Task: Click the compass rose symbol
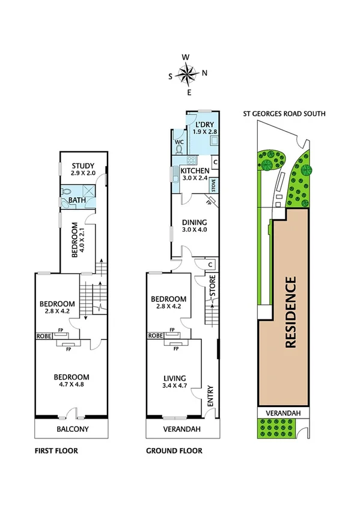pyautogui.click(x=188, y=75)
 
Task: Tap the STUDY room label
pyautogui.click(x=83, y=166)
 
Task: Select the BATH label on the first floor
pyautogui.click(x=76, y=200)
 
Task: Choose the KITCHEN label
pyautogui.click(x=195, y=171)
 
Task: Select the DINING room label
pyautogui.click(x=194, y=222)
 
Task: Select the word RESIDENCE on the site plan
pyautogui.click(x=290, y=312)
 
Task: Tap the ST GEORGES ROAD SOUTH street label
pyautogui.click(x=284, y=112)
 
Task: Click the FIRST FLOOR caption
pyautogui.click(x=56, y=450)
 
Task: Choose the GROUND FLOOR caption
pyautogui.click(x=174, y=450)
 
